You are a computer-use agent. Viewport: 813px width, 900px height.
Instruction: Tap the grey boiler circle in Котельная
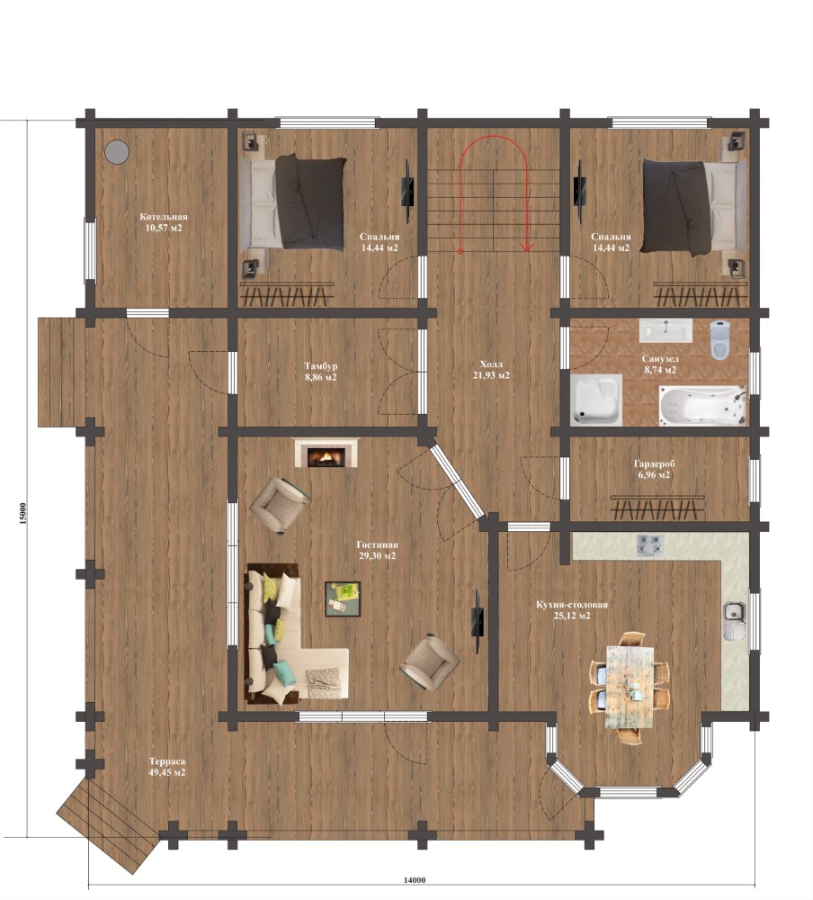click(x=117, y=151)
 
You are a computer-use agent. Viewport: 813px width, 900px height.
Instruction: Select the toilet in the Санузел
click(x=720, y=340)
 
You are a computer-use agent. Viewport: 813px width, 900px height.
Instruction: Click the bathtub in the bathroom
click(x=701, y=405)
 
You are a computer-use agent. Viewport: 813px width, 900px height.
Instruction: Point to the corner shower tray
click(x=596, y=400)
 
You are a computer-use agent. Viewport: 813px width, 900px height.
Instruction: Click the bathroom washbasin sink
click(x=666, y=330)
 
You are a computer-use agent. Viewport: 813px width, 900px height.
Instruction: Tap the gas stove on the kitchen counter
click(x=650, y=545)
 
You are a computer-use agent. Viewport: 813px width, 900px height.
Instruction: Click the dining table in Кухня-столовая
click(x=630, y=688)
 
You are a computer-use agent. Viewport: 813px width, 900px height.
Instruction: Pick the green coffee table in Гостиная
click(x=343, y=598)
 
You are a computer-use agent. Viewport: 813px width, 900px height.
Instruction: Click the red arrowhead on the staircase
click(x=524, y=247)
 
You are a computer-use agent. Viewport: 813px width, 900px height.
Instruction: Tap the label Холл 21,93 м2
click(x=494, y=370)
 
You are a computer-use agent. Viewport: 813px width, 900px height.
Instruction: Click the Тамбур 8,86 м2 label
click(x=321, y=372)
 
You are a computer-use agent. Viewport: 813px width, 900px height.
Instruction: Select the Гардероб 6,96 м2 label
click(x=654, y=469)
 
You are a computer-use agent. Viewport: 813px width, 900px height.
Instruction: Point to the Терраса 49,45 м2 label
click(x=167, y=767)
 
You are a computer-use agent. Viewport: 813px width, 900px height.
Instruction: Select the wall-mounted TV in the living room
click(x=477, y=622)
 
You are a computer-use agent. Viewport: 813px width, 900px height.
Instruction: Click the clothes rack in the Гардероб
click(x=657, y=507)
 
